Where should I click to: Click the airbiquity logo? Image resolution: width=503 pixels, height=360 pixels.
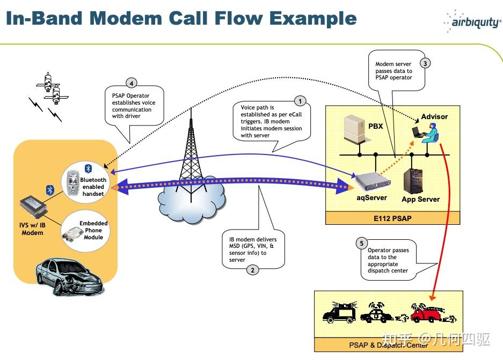471,22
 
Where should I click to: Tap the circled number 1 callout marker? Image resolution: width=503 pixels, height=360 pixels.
300,101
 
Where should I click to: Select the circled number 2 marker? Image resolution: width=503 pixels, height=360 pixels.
252,270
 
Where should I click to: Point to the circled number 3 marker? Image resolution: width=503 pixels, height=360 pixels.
425,63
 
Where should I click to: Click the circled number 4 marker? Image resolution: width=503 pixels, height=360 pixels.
131,83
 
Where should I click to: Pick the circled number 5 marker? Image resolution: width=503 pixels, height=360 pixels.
362,243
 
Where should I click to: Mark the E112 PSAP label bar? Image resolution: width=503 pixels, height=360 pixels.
392,218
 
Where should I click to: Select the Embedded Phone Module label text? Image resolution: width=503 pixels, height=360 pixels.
93,230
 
